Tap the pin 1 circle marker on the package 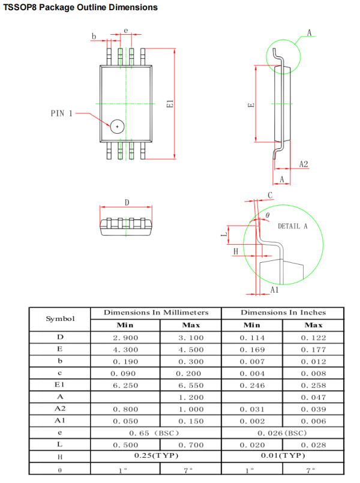[116, 126]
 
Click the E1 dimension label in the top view [170, 104]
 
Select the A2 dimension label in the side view [304, 164]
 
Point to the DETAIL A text [292, 226]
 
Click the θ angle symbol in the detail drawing [268, 214]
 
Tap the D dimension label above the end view [127, 203]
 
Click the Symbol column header [60, 319]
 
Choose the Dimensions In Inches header [283, 313]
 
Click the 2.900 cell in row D [125, 338]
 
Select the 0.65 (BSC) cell [155, 433]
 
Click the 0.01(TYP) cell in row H [283, 456]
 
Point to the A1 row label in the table [60, 421]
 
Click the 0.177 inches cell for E [313, 350]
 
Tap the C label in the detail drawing [270, 195]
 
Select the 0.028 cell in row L [313, 445]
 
